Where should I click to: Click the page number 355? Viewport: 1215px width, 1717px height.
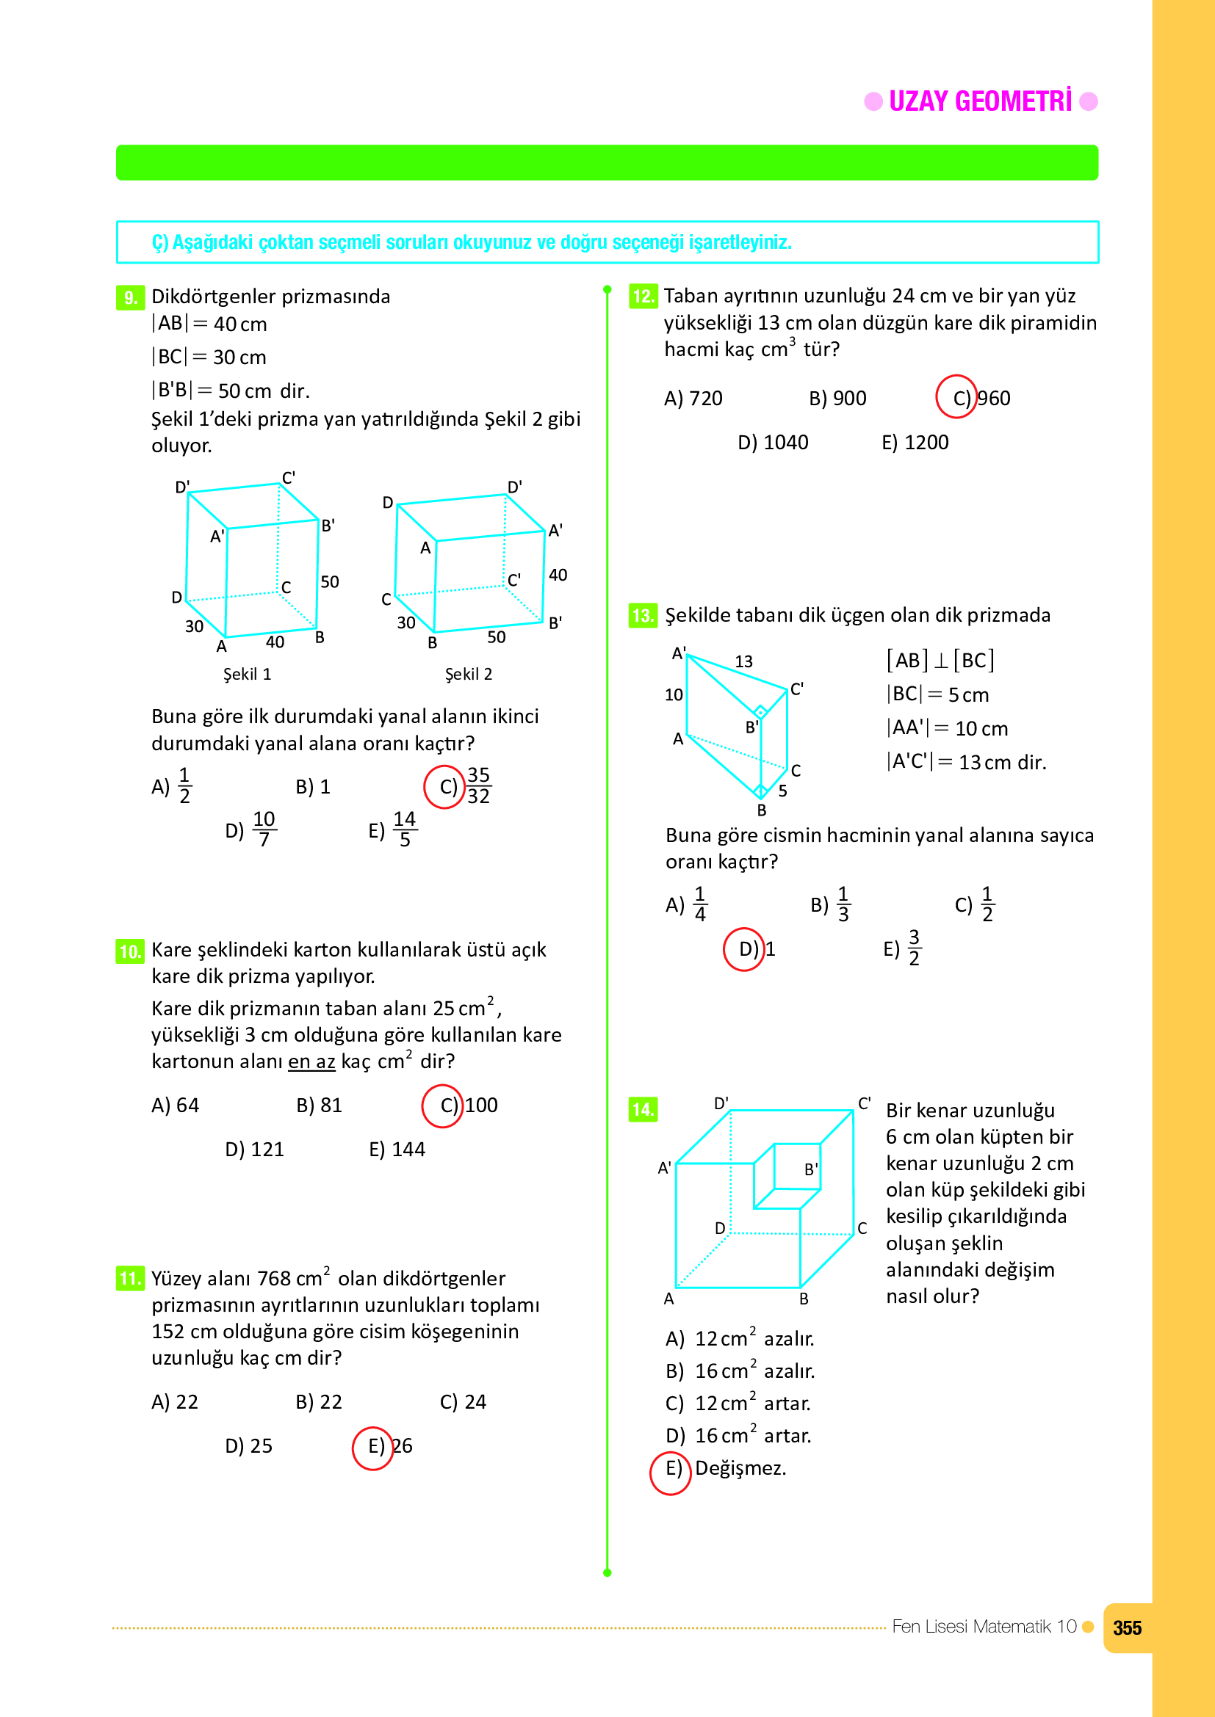pyautogui.click(x=1127, y=1628)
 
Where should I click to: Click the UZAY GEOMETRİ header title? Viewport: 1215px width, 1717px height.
pyautogui.click(x=979, y=102)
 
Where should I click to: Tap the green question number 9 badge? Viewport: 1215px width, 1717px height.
pyautogui.click(x=130, y=297)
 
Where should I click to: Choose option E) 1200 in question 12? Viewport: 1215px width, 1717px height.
pyautogui.click(x=915, y=443)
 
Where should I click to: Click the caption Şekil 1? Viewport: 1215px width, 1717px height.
pyautogui.click(x=247, y=674)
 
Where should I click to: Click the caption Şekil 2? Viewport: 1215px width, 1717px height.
pyautogui.click(x=469, y=674)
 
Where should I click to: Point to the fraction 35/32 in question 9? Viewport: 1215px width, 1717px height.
pyautogui.click(x=478, y=785)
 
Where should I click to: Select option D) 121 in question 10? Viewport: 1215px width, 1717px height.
pyautogui.click(x=254, y=1150)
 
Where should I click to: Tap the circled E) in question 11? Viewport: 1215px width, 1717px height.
pyautogui.click(x=372, y=1447)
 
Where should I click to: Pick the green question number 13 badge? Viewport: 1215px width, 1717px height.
pyautogui.click(x=643, y=615)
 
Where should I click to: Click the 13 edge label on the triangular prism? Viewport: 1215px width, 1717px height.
pyautogui.click(x=743, y=661)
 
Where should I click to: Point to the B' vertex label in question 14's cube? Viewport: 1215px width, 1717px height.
pyautogui.click(x=810, y=1169)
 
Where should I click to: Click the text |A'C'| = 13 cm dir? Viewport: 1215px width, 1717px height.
pyautogui.click(x=966, y=762)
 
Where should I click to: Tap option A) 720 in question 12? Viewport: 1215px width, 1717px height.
pyautogui.click(x=693, y=399)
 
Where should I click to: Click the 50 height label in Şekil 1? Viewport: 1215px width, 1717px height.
pyautogui.click(x=329, y=582)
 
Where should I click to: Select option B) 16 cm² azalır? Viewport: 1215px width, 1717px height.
pyautogui.click(x=739, y=1371)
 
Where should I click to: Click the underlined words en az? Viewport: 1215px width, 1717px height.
pyautogui.click(x=311, y=1062)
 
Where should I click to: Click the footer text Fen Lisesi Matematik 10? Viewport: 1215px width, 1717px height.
pyautogui.click(x=983, y=1627)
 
